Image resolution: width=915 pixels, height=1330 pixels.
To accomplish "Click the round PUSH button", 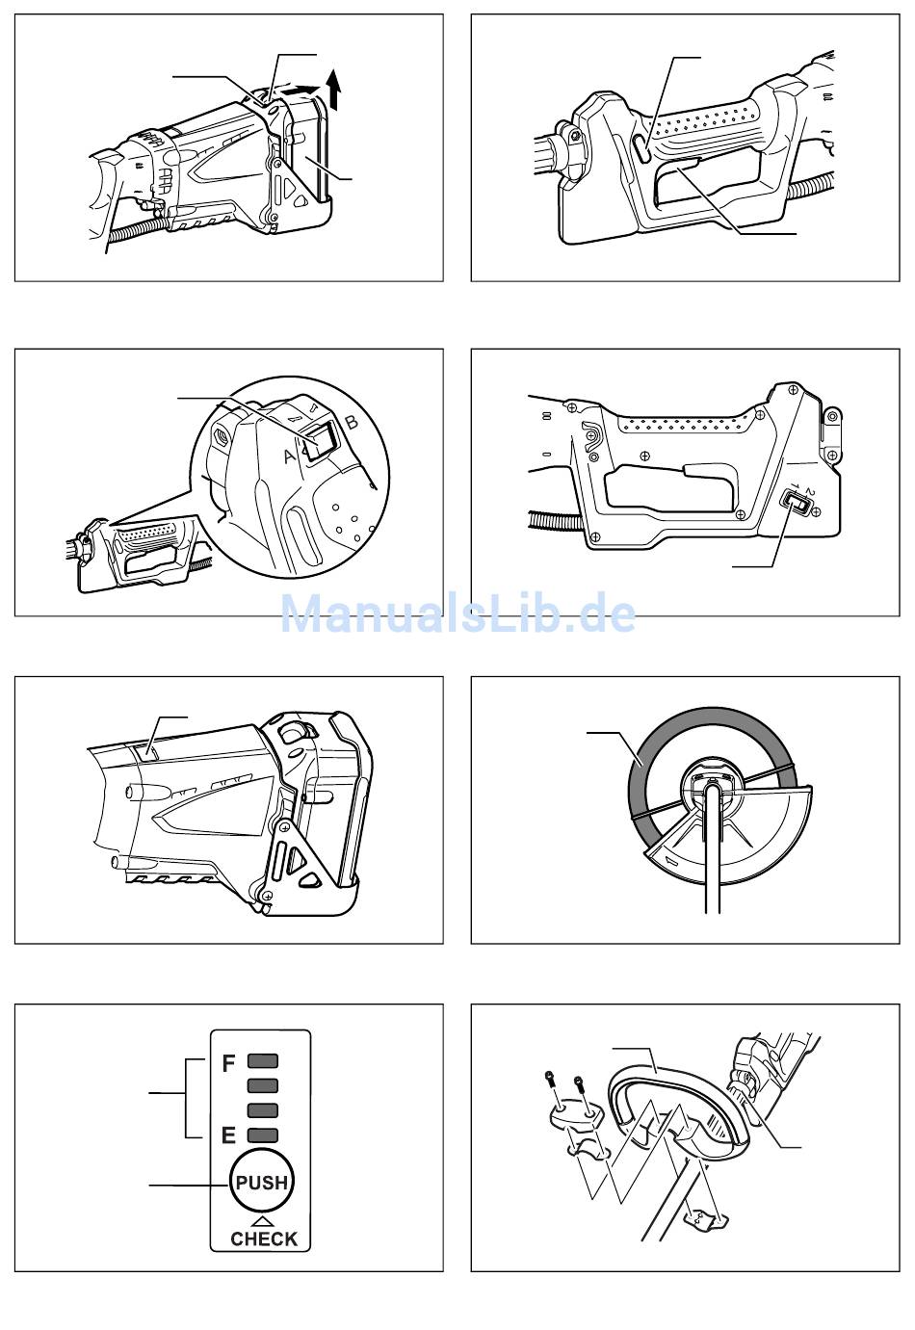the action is click(x=262, y=1182).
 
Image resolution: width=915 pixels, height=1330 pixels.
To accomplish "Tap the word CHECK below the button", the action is click(x=264, y=1239).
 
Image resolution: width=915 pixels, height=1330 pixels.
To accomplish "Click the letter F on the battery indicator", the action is click(x=229, y=1064).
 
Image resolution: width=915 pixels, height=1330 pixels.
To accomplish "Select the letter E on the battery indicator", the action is click(x=228, y=1135).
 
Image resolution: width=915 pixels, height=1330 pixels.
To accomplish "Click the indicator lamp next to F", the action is click(x=263, y=1061).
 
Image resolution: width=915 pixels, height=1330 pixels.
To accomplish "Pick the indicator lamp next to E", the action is click(x=263, y=1135).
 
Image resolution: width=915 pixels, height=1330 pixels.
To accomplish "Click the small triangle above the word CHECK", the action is click(x=263, y=1220).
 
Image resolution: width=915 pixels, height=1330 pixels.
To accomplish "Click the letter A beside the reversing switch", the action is click(x=288, y=458).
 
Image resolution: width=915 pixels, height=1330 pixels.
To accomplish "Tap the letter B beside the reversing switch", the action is click(x=352, y=422).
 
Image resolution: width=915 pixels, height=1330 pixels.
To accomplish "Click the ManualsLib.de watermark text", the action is click(x=457, y=613).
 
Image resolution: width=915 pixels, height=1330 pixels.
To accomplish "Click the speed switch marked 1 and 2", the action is click(x=797, y=502).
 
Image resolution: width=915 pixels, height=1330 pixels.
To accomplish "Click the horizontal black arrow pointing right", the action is click(x=301, y=91).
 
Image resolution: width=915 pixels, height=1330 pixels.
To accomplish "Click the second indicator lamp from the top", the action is click(x=263, y=1085).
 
